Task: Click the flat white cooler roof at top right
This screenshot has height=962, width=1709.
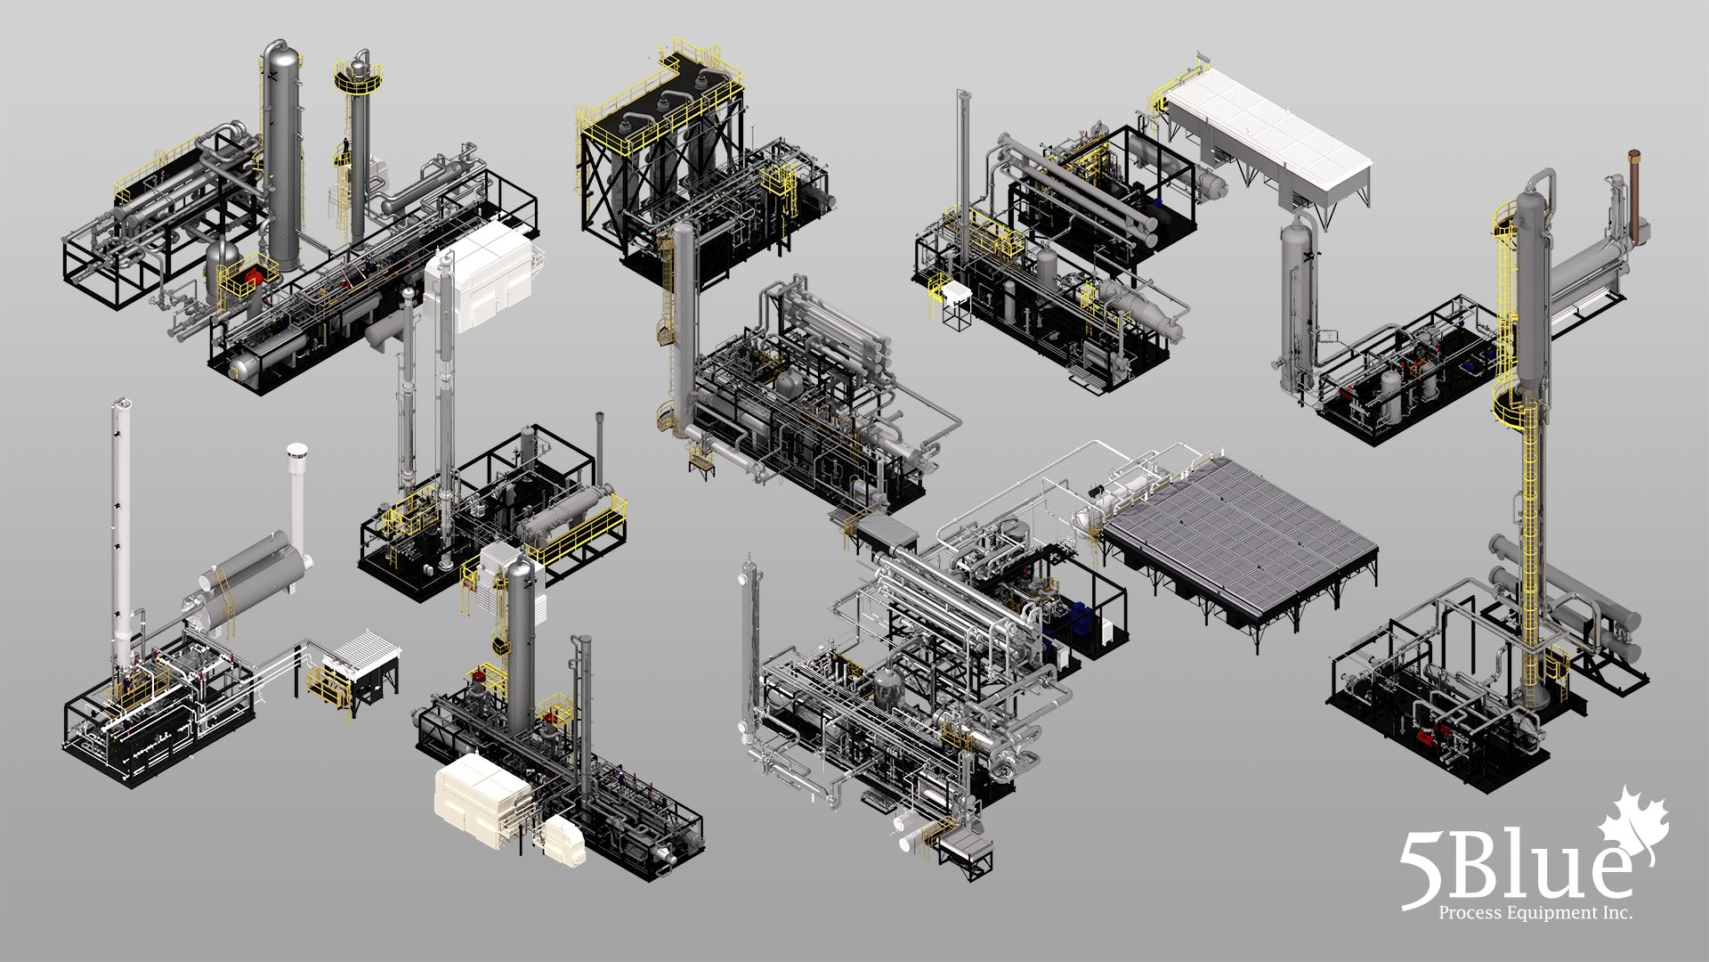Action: [1268, 134]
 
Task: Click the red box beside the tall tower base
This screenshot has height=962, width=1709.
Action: [255, 273]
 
